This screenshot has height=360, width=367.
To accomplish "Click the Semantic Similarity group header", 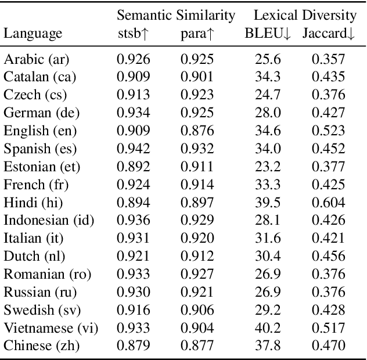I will point(176,15).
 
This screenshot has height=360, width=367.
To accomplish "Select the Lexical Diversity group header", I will point(304,15).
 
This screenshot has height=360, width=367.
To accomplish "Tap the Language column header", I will point(33,34).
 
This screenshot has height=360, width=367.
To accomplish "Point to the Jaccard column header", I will point(329,34).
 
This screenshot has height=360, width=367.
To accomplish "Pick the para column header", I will point(197,34).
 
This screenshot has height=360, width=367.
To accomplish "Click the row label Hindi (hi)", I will point(34,203).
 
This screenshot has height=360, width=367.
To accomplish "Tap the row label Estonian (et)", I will point(42,167).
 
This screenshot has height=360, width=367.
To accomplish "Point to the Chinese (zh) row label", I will point(42,346).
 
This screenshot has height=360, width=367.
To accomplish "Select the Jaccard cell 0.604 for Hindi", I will point(329,203).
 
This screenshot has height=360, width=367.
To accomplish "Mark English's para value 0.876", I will point(197,131).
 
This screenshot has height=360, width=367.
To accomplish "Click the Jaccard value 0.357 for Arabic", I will point(329,59).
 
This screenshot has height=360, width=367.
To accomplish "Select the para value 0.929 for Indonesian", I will point(197,221).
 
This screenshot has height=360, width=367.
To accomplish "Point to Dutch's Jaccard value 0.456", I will point(329,257).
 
